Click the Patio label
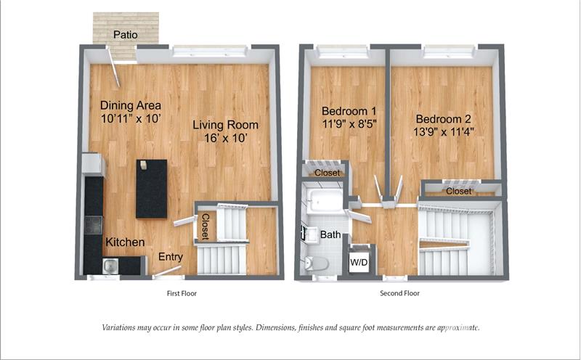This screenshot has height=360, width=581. pyautogui.click(x=126, y=35)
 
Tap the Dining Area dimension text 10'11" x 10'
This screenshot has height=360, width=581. pyautogui.click(x=131, y=118)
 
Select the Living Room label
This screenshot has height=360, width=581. pyautogui.click(x=225, y=125)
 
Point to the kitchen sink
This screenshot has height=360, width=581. pyautogui.click(x=110, y=266)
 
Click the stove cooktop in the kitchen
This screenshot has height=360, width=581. pyautogui.click(x=93, y=225)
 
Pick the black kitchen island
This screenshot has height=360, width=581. pyautogui.click(x=152, y=189)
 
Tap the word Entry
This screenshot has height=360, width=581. pyautogui.click(x=171, y=257)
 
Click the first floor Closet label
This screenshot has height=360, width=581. pyautogui.click(x=206, y=226)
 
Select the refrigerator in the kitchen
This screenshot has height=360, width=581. pyautogui.click(x=93, y=164)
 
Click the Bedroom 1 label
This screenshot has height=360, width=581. pyautogui.click(x=349, y=111)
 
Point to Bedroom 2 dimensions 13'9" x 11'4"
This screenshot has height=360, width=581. pyautogui.click(x=444, y=131)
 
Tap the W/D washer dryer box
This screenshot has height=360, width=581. pyautogui.click(x=359, y=262)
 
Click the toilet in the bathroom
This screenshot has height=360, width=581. pyautogui.click(x=316, y=264)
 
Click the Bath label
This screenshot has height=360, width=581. pyautogui.click(x=330, y=234)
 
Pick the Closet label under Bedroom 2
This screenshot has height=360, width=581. pyautogui.click(x=459, y=191)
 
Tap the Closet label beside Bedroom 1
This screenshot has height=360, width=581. pyautogui.click(x=328, y=173)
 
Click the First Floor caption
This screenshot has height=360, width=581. pyautogui.click(x=182, y=293)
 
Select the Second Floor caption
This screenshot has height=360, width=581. pyautogui.click(x=400, y=293)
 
